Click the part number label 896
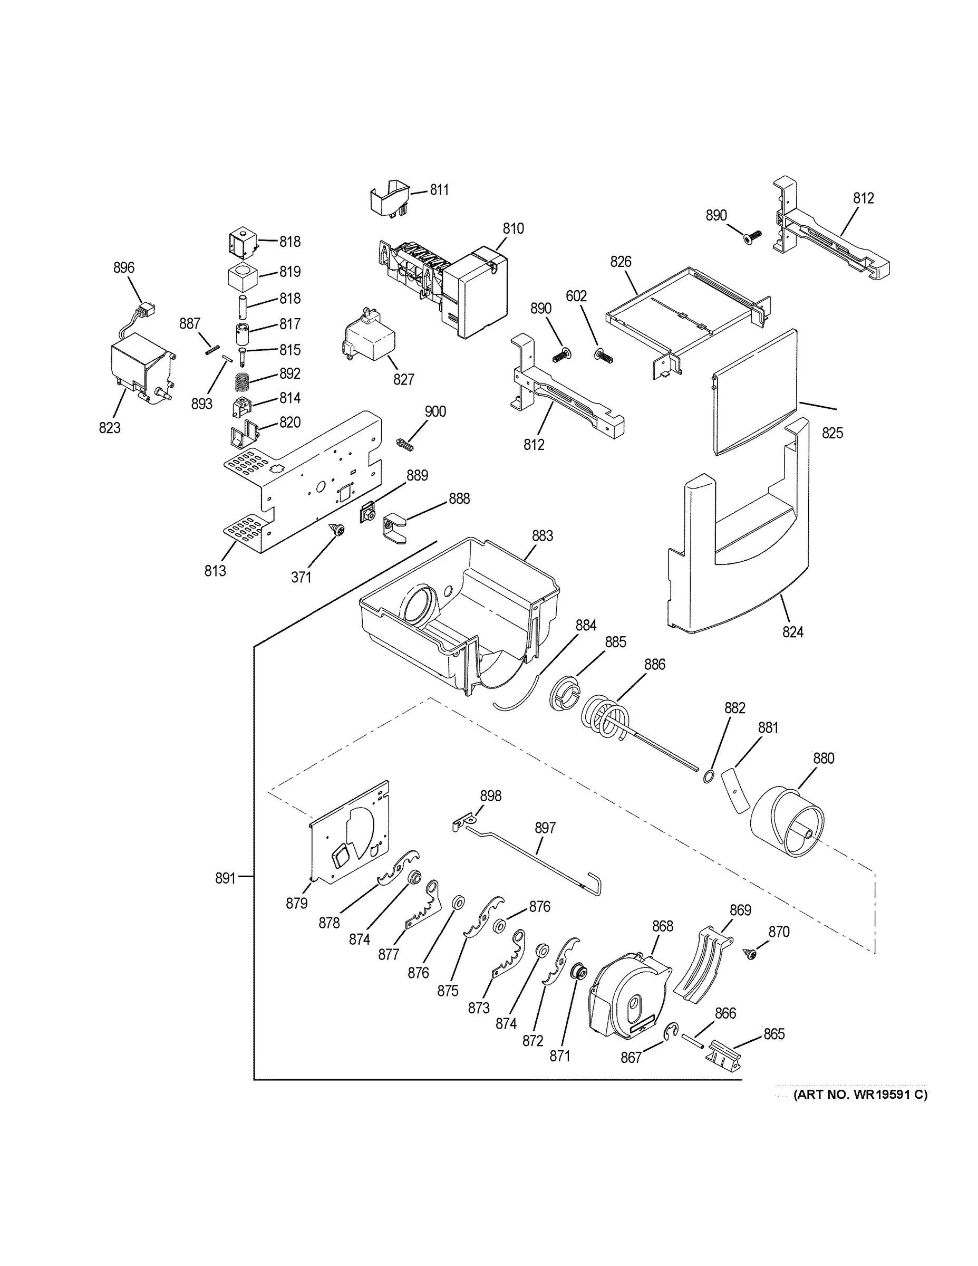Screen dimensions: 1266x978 (x=123, y=268)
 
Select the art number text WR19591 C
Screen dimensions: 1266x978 (x=860, y=1095)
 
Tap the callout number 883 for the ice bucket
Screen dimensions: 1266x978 (x=543, y=535)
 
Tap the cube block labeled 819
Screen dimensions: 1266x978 (x=242, y=276)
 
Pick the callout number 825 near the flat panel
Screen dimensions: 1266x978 (x=832, y=433)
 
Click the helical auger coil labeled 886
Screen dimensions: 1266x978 (x=605, y=719)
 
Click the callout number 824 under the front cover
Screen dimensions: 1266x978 (x=792, y=632)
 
